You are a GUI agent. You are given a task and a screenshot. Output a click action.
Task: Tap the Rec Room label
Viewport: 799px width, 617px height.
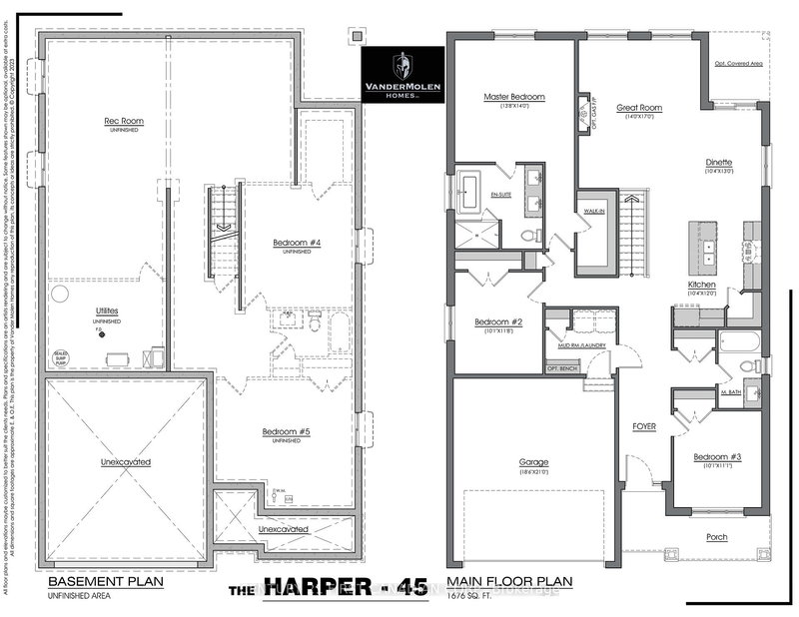124,122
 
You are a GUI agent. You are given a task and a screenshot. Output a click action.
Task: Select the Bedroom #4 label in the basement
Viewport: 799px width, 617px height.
295,243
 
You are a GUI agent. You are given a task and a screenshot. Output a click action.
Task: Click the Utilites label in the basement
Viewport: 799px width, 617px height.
107,312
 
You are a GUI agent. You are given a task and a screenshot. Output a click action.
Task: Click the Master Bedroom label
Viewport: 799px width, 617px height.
513,97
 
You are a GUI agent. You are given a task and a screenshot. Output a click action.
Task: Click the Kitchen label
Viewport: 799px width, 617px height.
702,286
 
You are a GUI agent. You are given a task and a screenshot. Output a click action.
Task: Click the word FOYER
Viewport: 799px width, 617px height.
645,426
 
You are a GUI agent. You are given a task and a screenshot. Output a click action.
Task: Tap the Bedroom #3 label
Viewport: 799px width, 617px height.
718,457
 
